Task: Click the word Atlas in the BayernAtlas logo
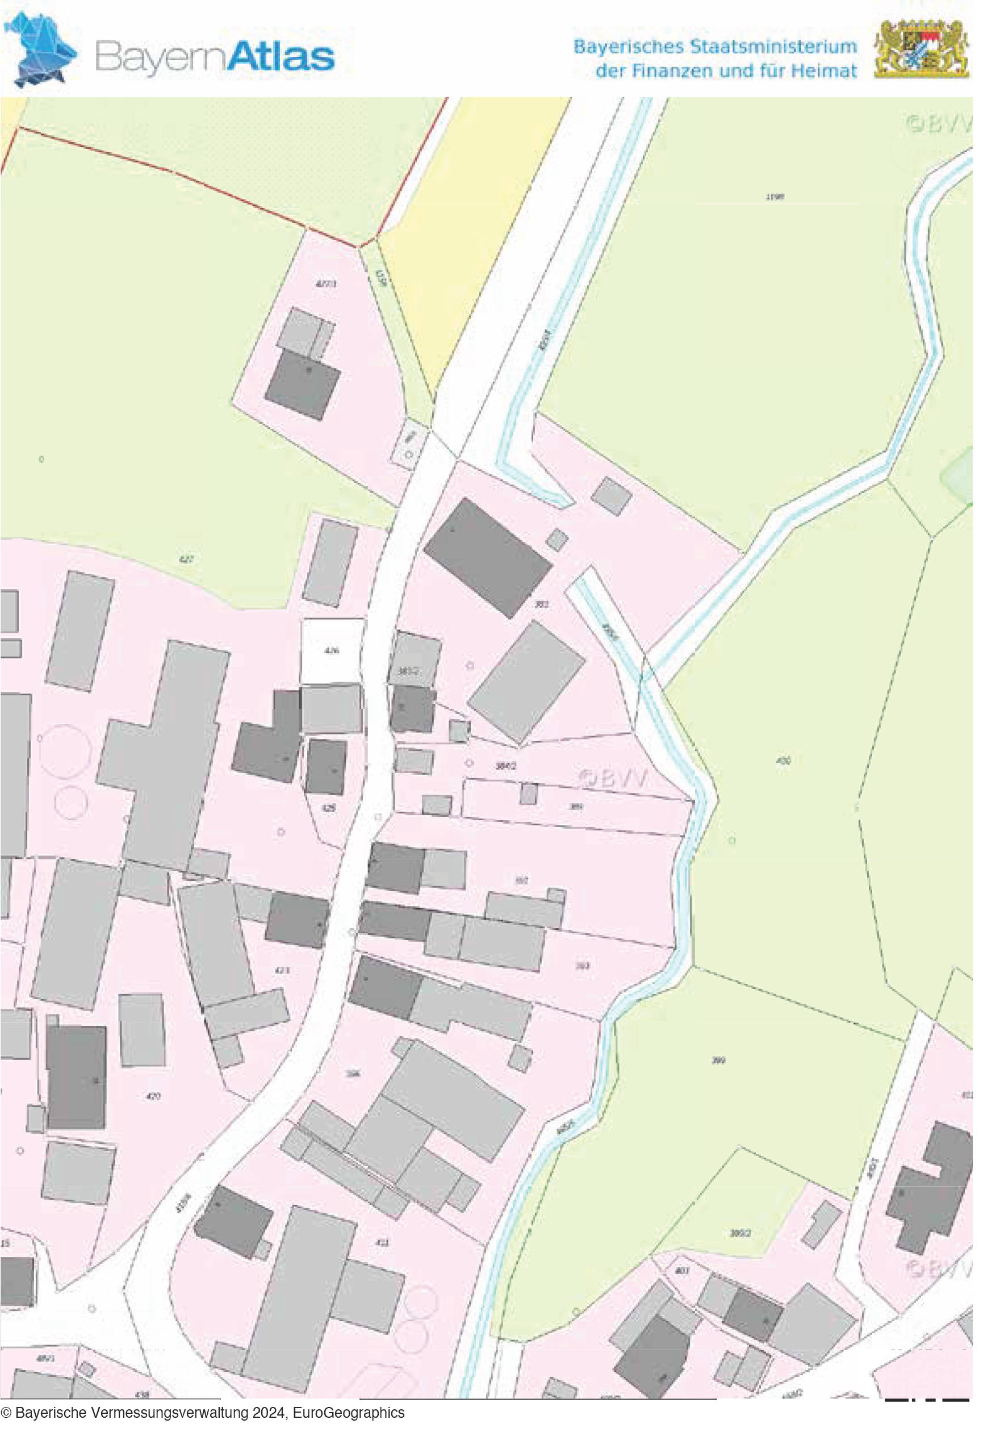[x=280, y=57]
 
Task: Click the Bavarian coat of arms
[x=921, y=49]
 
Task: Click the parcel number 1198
[x=773, y=197]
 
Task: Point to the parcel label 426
[x=332, y=650]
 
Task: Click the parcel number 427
[x=186, y=560]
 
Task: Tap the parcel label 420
[x=153, y=1096]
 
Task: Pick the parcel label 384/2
[x=505, y=766]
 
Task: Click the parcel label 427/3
[x=325, y=284]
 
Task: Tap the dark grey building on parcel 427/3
[x=302, y=383]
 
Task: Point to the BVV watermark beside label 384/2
[x=613, y=779]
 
